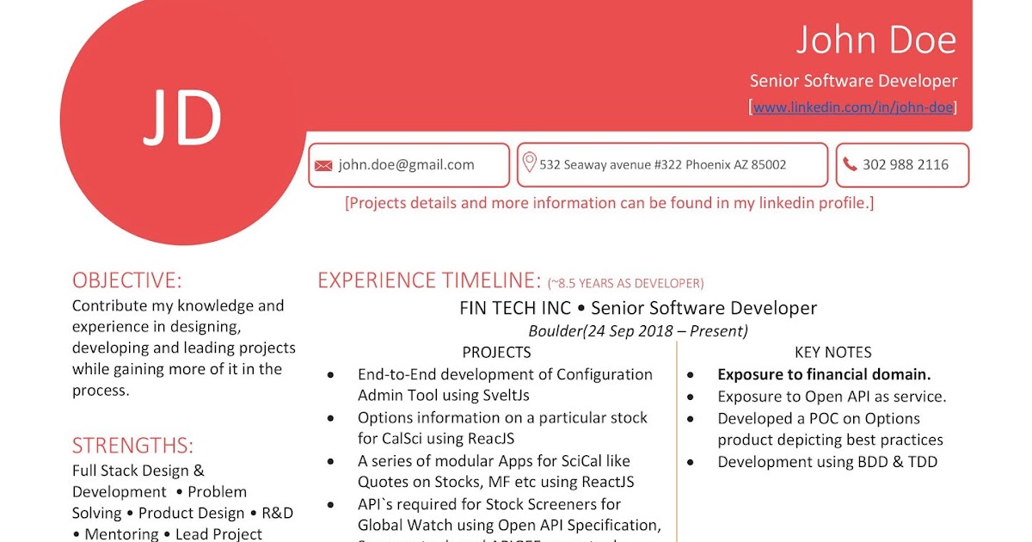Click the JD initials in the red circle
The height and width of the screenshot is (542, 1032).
pyautogui.click(x=182, y=118)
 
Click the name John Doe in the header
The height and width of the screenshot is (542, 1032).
pyautogui.click(x=875, y=40)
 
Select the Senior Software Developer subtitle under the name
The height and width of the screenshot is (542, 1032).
pyautogui.click(x=853, y=81)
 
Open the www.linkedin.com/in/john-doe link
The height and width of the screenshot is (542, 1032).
pyautogui.click(x=853, y=107)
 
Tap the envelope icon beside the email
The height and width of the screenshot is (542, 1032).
pyautogui.click(x=323, y=165)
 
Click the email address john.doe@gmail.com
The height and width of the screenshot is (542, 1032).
pyautogui.click(x=406, y=164)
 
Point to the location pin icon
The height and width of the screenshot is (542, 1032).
pyautogui.click(x=529, y=163)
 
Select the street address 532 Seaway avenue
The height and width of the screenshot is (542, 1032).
pyautogui.click(x=662, y=164)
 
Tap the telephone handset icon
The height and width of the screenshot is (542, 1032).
pyautogui.click(x=850, y=164)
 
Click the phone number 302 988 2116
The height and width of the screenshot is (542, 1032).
pyautogui.click(x=906, y=164)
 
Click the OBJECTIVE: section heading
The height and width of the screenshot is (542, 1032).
pyautogui.click(x=127, y=280)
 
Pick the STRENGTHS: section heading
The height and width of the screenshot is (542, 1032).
pyautogui.click(x=132, y=446)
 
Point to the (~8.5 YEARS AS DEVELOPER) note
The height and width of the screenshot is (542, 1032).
pyautogui.click(x=625, y=283)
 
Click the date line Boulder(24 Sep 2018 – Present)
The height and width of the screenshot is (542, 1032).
pyautogui.click(x=638, y=330)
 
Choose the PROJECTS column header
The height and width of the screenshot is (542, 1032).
pyautogui.click(x=496, y=352)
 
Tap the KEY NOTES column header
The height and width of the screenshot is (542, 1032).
pyautogui.click(x=832, y=352)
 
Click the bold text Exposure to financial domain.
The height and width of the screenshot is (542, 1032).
pyautogui.click(x=824, y=374)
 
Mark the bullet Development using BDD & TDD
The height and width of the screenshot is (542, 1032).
pyautogui.click(x=827, y=462)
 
